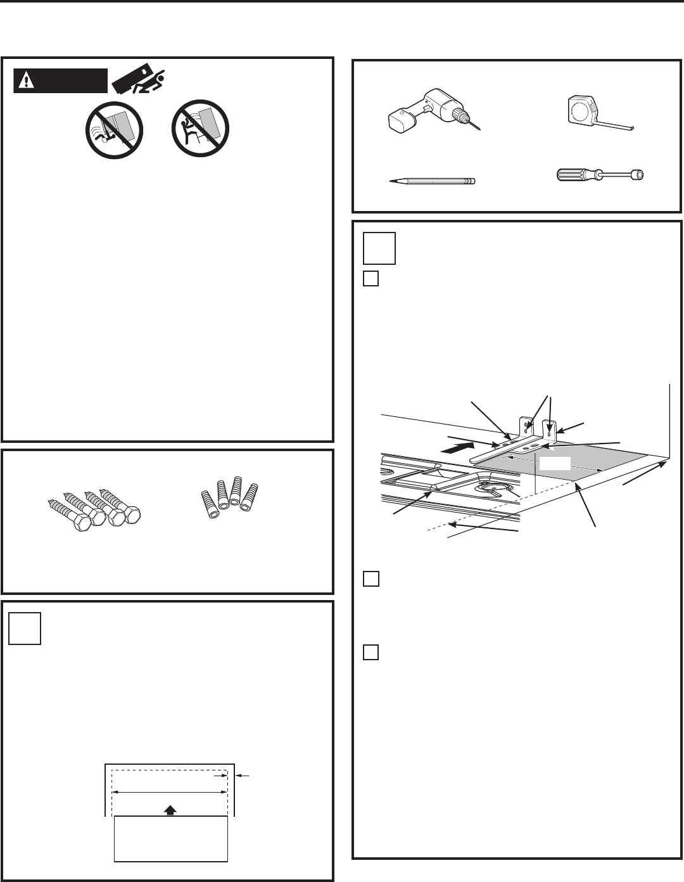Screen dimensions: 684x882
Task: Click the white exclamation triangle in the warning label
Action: click(x=27, y=80)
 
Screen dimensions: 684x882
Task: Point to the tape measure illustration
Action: click(x=588, y=110)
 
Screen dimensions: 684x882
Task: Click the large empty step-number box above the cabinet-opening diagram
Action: click(x=25, y=628)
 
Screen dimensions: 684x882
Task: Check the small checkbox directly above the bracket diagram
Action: click(x=371, y=278)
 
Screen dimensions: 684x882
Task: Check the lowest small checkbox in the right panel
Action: click(x=371, y=652)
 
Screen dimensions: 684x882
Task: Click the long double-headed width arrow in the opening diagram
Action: click(x=170, y=792)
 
